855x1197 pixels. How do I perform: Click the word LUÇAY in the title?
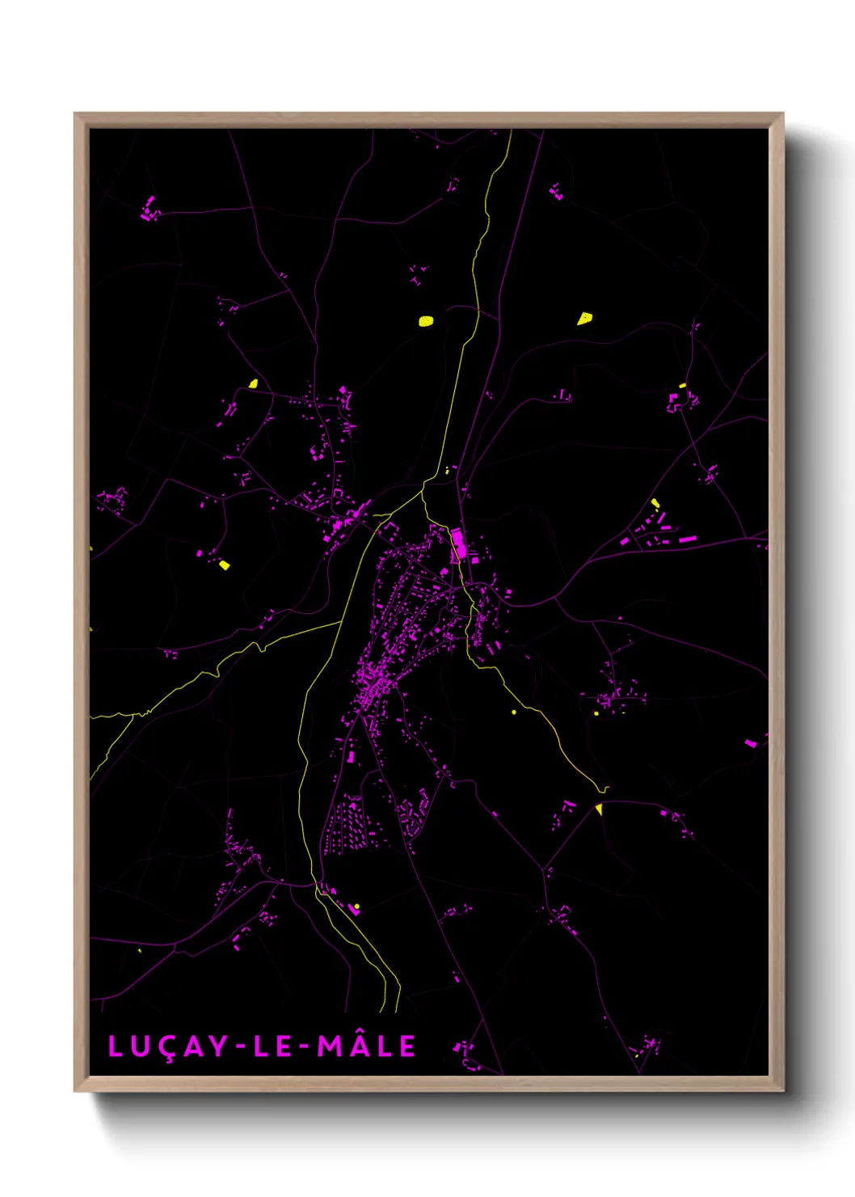coord(167,1047)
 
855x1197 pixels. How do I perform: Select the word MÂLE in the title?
coord(366,1046)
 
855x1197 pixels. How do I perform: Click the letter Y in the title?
coord(218,1047)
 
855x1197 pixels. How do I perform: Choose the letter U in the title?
coord(140,1047)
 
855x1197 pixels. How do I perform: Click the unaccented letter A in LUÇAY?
coord(193,1047)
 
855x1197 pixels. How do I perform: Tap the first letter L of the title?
coord(115,1047)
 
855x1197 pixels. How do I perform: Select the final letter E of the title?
coord(407,1047)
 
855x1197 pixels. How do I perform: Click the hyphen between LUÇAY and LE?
coord(241,1047)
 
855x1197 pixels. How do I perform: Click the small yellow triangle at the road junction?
coord(599,809)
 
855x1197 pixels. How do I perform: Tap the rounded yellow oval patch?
coord(426,320)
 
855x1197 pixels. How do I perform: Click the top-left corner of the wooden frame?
coord(76,114)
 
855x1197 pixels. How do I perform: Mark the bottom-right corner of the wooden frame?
coord(782,1090)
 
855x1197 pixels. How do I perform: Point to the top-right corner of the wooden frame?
coord(782,114)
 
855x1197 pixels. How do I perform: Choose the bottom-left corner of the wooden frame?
coord(76,1090)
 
